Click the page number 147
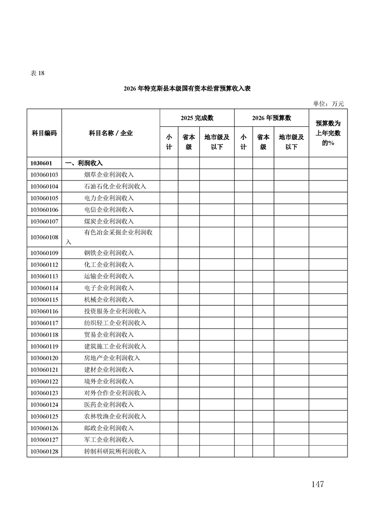click(317, 484)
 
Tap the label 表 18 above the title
click(37, 73)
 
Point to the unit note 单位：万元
click(328, 104)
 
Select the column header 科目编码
click(44, 133)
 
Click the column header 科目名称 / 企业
click(111, 133)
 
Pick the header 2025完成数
click(197, 118)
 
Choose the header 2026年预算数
click(272, 118)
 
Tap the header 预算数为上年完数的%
click(328, 133)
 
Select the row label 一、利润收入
click(84, 163)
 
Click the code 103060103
click(44, 175)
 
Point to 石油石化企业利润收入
click(115, 186)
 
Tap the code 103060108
click(44, 238)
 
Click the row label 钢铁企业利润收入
click(109, 253)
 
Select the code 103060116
click(44, 311)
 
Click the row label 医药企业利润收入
click(109, 404)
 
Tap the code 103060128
click(44, 451)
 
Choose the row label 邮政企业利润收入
click(109, 428)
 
